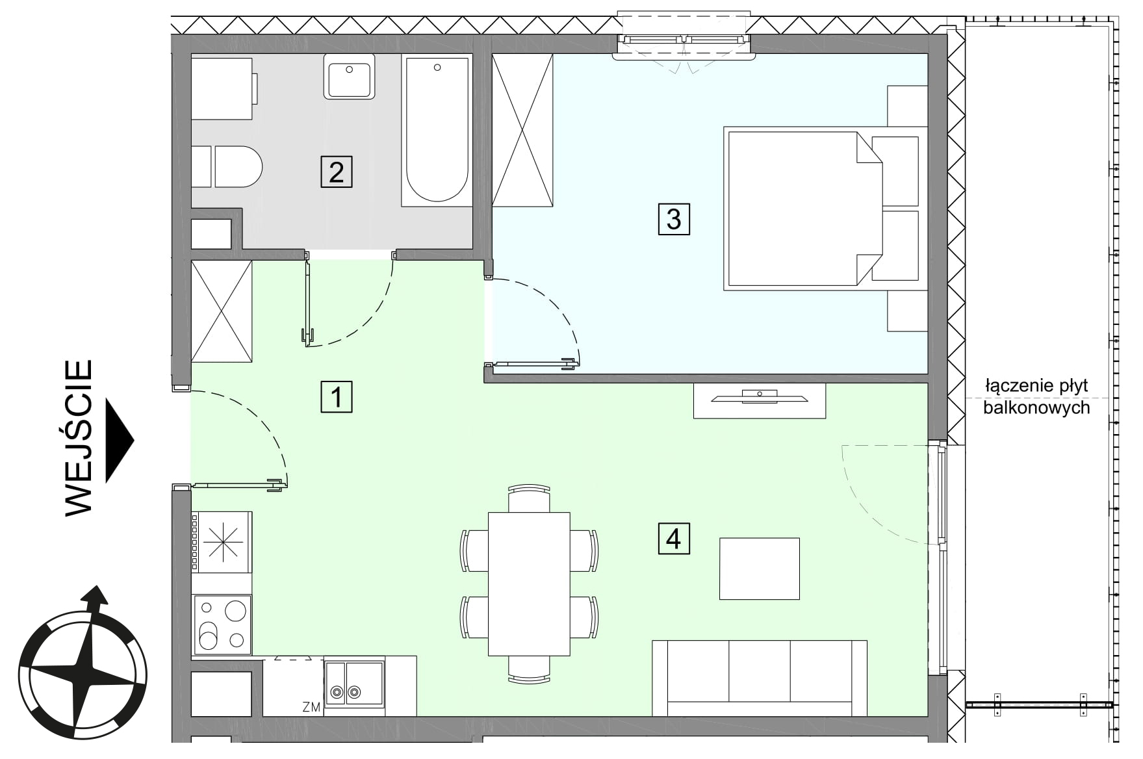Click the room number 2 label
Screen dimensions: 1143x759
337,172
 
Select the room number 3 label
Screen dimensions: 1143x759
674,218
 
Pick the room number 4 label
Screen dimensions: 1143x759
674,539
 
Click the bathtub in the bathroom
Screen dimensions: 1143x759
437,131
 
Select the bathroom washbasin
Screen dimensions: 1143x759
349,77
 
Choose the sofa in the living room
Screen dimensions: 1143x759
760,678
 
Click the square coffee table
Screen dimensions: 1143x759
759,569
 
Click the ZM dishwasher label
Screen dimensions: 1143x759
311,707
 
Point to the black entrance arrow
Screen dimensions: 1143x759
119,441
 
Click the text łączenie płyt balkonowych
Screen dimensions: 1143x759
1036,396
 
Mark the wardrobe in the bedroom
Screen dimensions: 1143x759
522,131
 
